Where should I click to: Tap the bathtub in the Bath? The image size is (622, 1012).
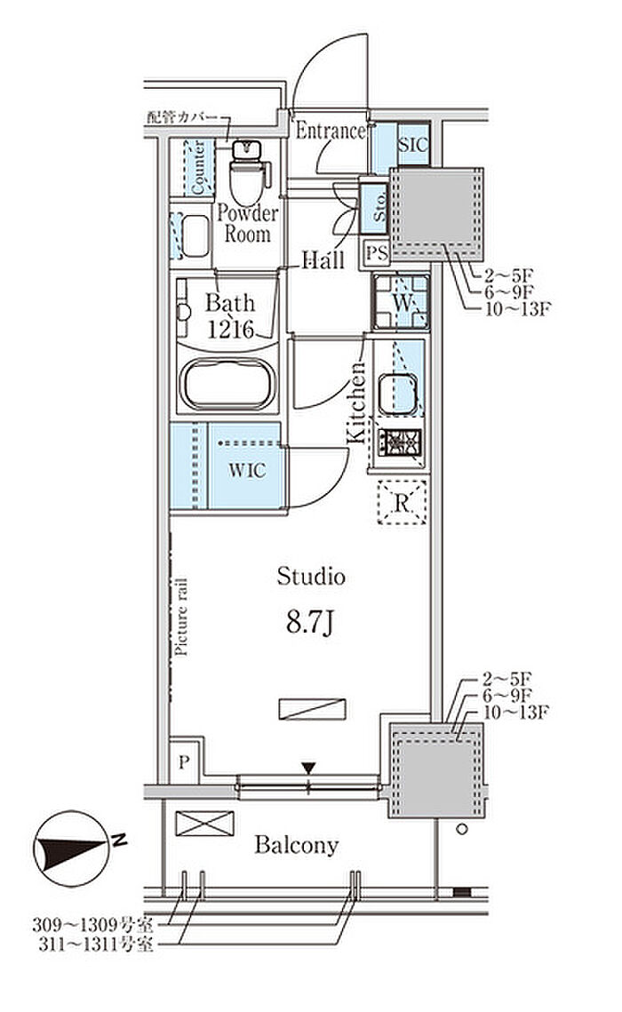point(227,384)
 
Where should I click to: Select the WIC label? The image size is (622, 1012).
point(246,470)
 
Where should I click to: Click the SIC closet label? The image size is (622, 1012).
point(413,145)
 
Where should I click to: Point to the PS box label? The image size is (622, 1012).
point(378,252)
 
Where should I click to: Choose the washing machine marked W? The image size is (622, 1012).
point(401,302)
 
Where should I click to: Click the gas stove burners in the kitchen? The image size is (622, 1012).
point(400,442)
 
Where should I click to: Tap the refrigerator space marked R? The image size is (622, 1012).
point(402,502)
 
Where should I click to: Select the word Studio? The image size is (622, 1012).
point(311,577)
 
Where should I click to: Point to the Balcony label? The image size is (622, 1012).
point(296,845)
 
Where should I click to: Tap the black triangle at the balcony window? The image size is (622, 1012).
point(309,768)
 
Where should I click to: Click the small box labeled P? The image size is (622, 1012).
point(184,763)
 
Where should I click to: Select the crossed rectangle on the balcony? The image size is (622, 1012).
point(203,824)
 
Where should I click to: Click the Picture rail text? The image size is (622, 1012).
point(181,617)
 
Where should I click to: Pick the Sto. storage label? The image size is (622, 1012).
point(379,205)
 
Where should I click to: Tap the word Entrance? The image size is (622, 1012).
point(331,131)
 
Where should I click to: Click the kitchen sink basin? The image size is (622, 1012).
point(397,394)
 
